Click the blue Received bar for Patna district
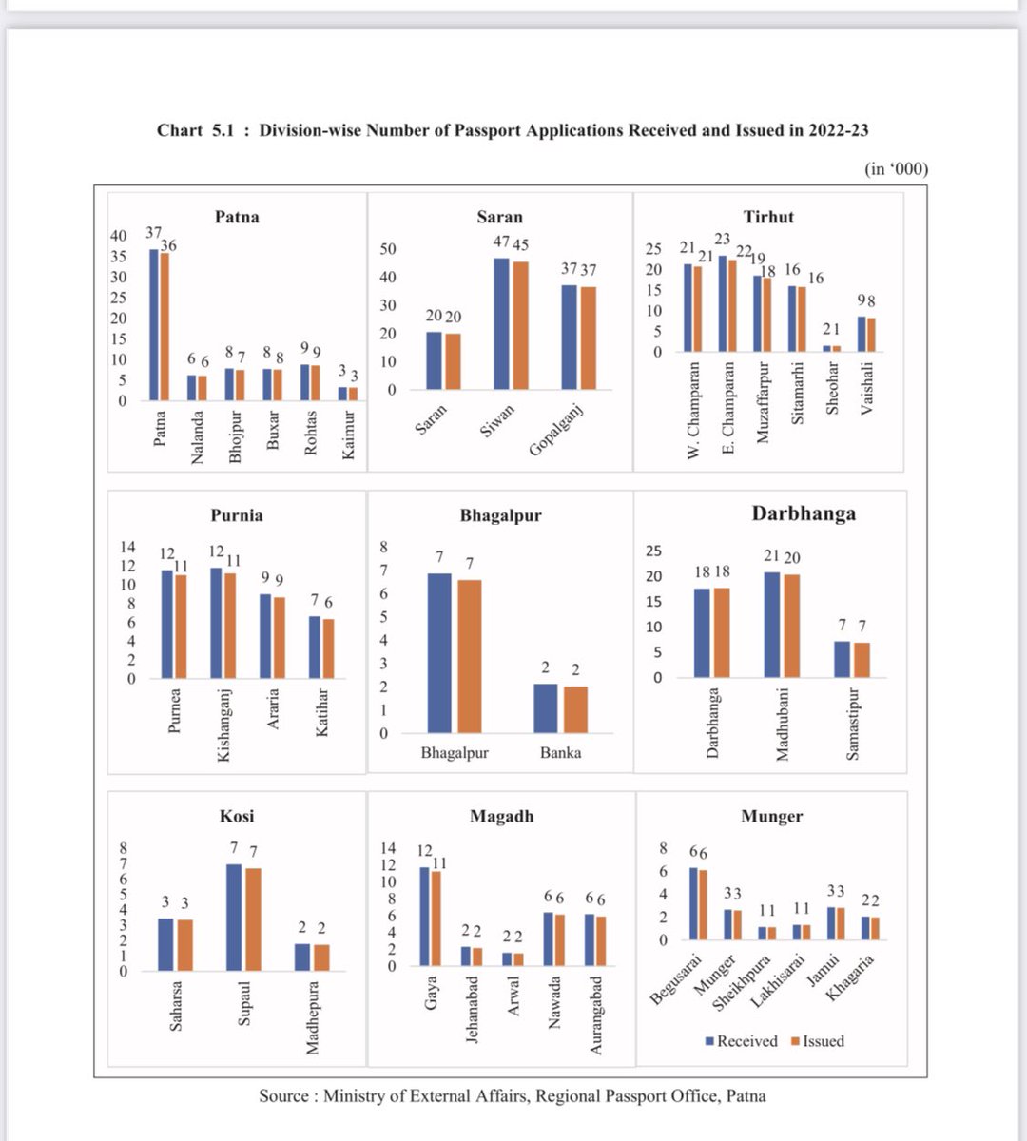[x=154, y=324]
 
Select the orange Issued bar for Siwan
[x=520, y=325]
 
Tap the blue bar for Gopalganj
[x=570, y=338]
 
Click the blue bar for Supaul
[x=234, y=917]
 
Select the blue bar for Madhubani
[x=772, y=625]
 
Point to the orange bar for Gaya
[x=436, y=918]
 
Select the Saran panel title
[x=500, y=217]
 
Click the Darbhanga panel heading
[x=804, y=513]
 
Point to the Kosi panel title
[x=237, y=816]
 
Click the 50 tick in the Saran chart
[x=388, y=249]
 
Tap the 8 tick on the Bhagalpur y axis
[x=384, y=547]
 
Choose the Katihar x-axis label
[x=322, y=712]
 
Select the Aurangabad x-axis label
[x=596, y=1015]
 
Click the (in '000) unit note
[x=896, y=169]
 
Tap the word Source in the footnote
[x=283, y=1096]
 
